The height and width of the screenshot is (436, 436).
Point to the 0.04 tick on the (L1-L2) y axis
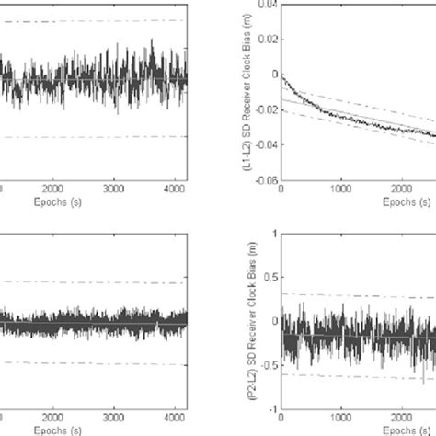[266, 5]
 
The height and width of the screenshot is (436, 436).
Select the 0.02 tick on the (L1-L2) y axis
[266, 40]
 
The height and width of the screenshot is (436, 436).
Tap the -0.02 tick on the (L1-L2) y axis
[264, 110]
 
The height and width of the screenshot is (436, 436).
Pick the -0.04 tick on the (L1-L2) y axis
[264, 145]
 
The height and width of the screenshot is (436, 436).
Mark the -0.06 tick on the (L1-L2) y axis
[264, 181]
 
